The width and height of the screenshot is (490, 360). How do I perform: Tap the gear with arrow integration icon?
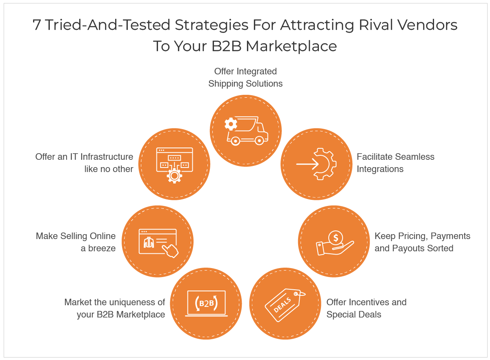point(317,164)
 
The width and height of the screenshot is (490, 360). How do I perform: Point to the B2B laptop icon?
point(206,304)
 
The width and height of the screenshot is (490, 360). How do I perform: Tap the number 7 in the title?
point(37,25)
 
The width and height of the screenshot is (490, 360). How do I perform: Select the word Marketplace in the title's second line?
point(291,46)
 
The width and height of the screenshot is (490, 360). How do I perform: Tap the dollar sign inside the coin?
point(336,237)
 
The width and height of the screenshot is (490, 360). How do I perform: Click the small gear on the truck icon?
point(231,124)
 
